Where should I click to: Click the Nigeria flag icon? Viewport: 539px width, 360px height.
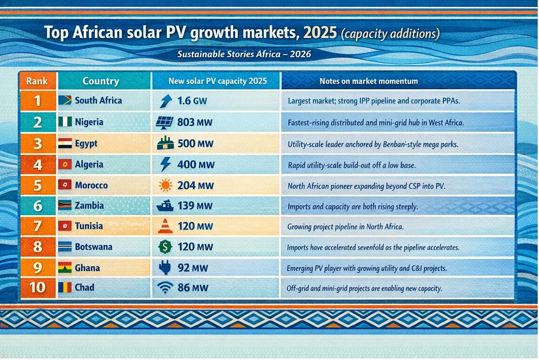pos(65,122)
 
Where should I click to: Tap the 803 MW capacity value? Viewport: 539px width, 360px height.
pos(195,122)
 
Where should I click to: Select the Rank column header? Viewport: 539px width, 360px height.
pos(37,81)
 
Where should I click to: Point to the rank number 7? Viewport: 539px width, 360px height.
pos(37,226)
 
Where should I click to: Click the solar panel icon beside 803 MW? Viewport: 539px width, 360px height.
pos(165,122)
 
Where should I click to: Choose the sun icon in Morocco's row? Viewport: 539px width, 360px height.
pos(165,185)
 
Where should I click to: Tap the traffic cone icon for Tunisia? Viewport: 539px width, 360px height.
pos(165,226)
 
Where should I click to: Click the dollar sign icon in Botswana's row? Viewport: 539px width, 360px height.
pos(165,247)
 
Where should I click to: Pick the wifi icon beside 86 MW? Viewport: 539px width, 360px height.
pos(165,288)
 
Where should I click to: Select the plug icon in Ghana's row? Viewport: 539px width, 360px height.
pos(165,268)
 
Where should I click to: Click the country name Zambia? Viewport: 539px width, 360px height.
pos(89,206)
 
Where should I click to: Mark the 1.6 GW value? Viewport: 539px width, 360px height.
pos(192,101)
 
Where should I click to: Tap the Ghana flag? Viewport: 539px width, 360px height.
pos(65,268)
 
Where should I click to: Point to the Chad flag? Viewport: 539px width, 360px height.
pos(65,287)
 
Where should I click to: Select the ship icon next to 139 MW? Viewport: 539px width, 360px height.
pos(165,206)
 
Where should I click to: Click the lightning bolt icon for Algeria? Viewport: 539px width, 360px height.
pos(166,164)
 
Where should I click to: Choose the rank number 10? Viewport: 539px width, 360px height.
pos(37,288)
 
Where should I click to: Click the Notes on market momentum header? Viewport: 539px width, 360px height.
pos(368,81)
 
